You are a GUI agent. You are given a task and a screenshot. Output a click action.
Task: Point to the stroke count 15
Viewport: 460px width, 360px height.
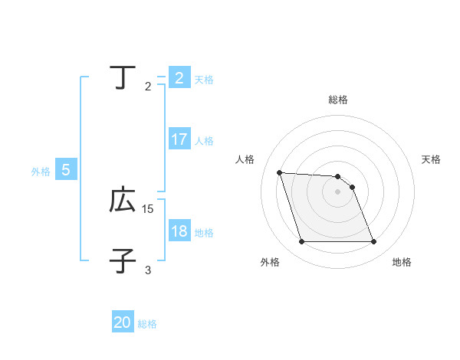[x=148, y=208]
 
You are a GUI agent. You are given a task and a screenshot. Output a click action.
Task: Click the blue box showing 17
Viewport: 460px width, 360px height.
[x=179, y=139]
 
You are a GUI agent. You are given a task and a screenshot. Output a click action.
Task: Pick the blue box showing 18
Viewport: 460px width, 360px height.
[x=179, y=231]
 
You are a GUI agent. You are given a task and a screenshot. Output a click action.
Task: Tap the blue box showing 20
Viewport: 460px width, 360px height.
[x=123, y=322]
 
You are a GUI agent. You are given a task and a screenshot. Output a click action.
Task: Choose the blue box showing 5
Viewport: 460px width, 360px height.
[x=66, y=170]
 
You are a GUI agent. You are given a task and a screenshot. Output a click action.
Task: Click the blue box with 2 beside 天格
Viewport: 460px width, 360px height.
[x=179, y=77]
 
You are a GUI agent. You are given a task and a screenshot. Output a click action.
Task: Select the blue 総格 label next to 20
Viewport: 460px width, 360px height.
[x=147, y=324]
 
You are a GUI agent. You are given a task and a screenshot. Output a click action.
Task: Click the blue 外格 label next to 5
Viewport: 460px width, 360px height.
[x=41, y=172]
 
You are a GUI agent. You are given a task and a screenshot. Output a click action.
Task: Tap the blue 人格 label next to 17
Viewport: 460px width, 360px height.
[x=204, y=141]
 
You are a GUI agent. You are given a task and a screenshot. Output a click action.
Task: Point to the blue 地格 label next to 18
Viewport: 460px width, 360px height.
[x=204, y=233]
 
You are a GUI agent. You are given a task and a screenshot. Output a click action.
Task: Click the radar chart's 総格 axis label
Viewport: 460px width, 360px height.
[x=338, y=100]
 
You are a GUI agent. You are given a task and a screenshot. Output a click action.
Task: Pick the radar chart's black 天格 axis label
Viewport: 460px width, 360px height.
[x=431, y=159]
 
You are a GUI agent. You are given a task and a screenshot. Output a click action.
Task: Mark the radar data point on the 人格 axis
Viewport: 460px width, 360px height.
[x=279, y=173]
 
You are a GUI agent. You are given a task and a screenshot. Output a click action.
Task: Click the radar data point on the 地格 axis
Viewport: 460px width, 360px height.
[x=374, y=242]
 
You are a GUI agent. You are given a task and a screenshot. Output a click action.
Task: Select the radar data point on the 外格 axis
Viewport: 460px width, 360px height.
[x=301, y=242]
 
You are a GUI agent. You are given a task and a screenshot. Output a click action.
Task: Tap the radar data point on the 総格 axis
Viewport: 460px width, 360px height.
[x=338, y=177]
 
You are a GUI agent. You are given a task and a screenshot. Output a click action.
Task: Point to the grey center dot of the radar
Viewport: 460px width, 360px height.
[x=338, y=192]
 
